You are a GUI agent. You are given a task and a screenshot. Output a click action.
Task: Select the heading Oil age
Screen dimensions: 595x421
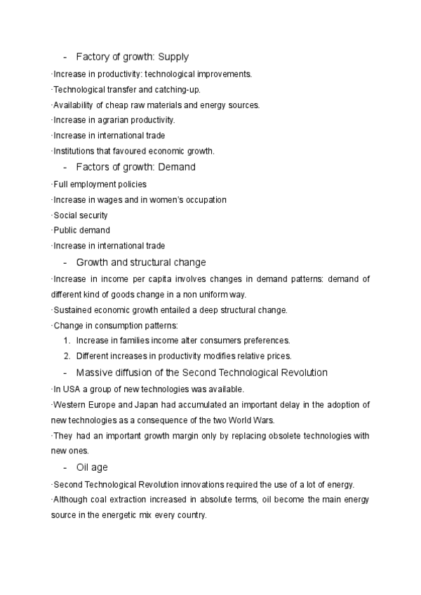91,467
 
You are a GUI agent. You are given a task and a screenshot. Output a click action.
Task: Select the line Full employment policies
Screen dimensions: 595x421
100,185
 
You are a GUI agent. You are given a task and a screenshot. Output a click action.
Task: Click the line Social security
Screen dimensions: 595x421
81,215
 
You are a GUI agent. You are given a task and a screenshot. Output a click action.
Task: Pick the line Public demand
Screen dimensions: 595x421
81,230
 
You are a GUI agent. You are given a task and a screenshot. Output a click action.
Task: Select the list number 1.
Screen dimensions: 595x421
67,340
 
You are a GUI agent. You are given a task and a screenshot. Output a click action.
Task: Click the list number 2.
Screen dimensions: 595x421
67,356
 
